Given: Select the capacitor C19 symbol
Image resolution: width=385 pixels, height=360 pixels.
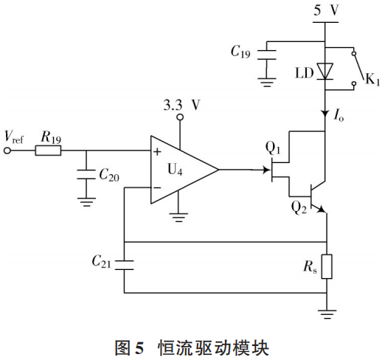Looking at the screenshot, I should pos(270,52).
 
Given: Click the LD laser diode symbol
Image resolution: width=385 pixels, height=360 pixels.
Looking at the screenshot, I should pos(325,71).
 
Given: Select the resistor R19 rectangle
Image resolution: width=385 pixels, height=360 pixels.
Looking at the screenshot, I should pos(49,151).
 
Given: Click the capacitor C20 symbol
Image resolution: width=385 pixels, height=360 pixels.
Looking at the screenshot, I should pos(87,175).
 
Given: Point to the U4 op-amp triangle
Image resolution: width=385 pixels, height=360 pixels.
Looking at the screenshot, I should pos(181,170).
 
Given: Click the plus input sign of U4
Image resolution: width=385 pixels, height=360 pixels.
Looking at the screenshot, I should pos(157,152).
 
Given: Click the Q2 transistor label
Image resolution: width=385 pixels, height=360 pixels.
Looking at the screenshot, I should pos(299,207).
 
